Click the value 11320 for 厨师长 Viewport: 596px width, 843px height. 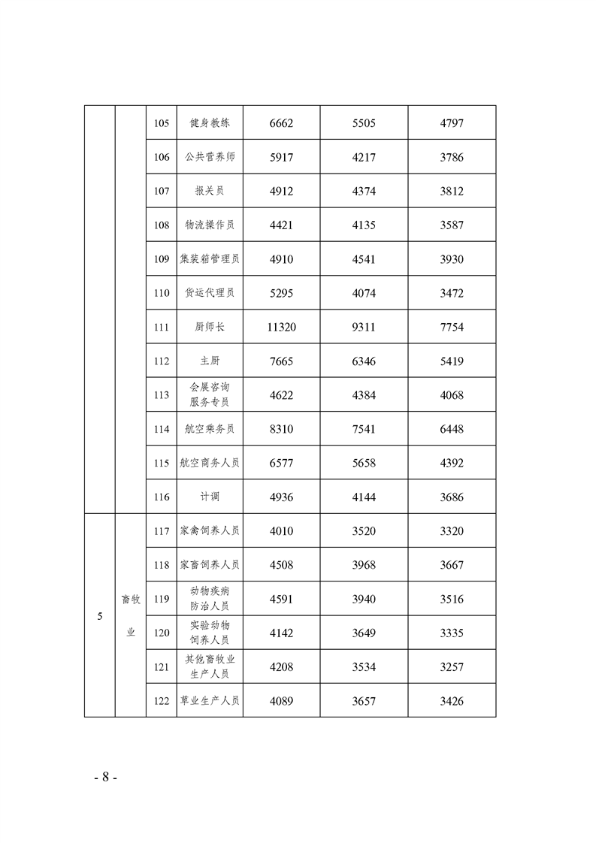tap(281, 328)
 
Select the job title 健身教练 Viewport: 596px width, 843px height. tap(210, 123)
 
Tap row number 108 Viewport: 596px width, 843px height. tap(161, 225)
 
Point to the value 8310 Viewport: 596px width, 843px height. tap(281, 430)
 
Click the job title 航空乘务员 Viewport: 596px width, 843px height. tap(210, 430)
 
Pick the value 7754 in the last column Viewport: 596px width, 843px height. tap(452, 328)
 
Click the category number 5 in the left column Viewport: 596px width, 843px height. tap(100, 617)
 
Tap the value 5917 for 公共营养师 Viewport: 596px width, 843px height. tap(281, 158)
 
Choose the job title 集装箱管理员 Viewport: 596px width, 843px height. tap(210, 259)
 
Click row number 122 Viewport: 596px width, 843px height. tap(161, 702)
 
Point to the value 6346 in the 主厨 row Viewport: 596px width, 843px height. tap(364, 361)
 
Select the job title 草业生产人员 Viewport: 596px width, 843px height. tap(210, 702)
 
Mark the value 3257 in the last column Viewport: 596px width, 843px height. tap(452, 667)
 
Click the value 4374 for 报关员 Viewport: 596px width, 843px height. tap(364, 192)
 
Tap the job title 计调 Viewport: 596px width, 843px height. tap(210, 497)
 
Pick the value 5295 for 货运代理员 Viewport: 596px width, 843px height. tap(281, 293)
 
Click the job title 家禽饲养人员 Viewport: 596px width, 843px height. tap(210, 531)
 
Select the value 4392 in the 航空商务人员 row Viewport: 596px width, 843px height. tap(452, 464)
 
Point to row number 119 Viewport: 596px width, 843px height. tap(161, 600)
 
